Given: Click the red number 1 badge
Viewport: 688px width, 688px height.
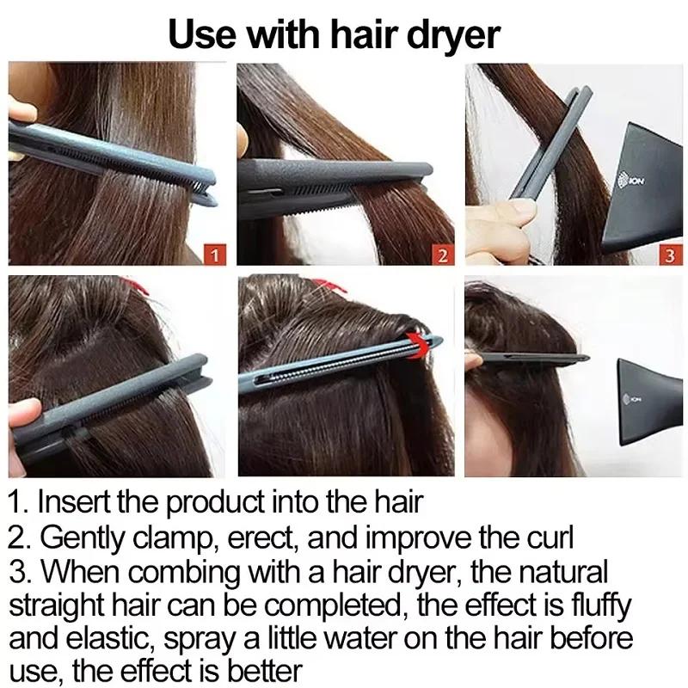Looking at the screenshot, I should (x=215, y=254).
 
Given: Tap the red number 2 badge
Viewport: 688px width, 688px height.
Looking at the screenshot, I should (x=442, y=255).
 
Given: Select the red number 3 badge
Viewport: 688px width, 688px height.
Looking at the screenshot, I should (x=669, y=255).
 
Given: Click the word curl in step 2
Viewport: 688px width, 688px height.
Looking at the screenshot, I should (x=547, y=538).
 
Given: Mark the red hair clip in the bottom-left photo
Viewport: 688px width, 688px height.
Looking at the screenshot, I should (x=133, y=285).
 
